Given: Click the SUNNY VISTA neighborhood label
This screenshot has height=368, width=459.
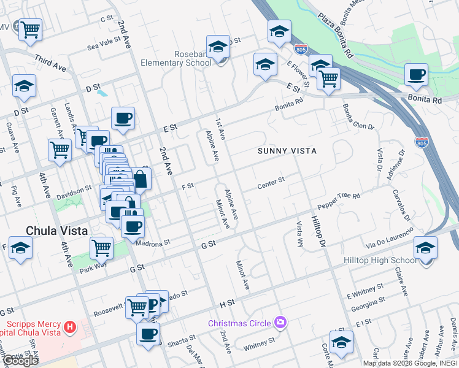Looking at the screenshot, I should coord(287,150).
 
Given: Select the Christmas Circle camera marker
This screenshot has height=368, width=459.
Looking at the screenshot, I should coord(280,322).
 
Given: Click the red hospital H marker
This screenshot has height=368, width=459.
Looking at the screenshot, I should coord(70,328).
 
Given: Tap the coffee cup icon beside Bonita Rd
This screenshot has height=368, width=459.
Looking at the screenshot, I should coord(416,75).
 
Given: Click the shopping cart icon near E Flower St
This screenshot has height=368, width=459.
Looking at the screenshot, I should coord(328,78).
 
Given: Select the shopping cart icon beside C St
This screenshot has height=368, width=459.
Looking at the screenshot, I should coord(29,28).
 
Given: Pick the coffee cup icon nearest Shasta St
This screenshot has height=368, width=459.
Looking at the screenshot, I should coord(148,334).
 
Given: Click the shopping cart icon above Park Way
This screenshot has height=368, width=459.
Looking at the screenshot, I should coord(101,248).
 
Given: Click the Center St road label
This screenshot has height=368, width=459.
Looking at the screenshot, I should coord(271,182).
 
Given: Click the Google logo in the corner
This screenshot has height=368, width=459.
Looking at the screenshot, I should coord(20,360).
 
